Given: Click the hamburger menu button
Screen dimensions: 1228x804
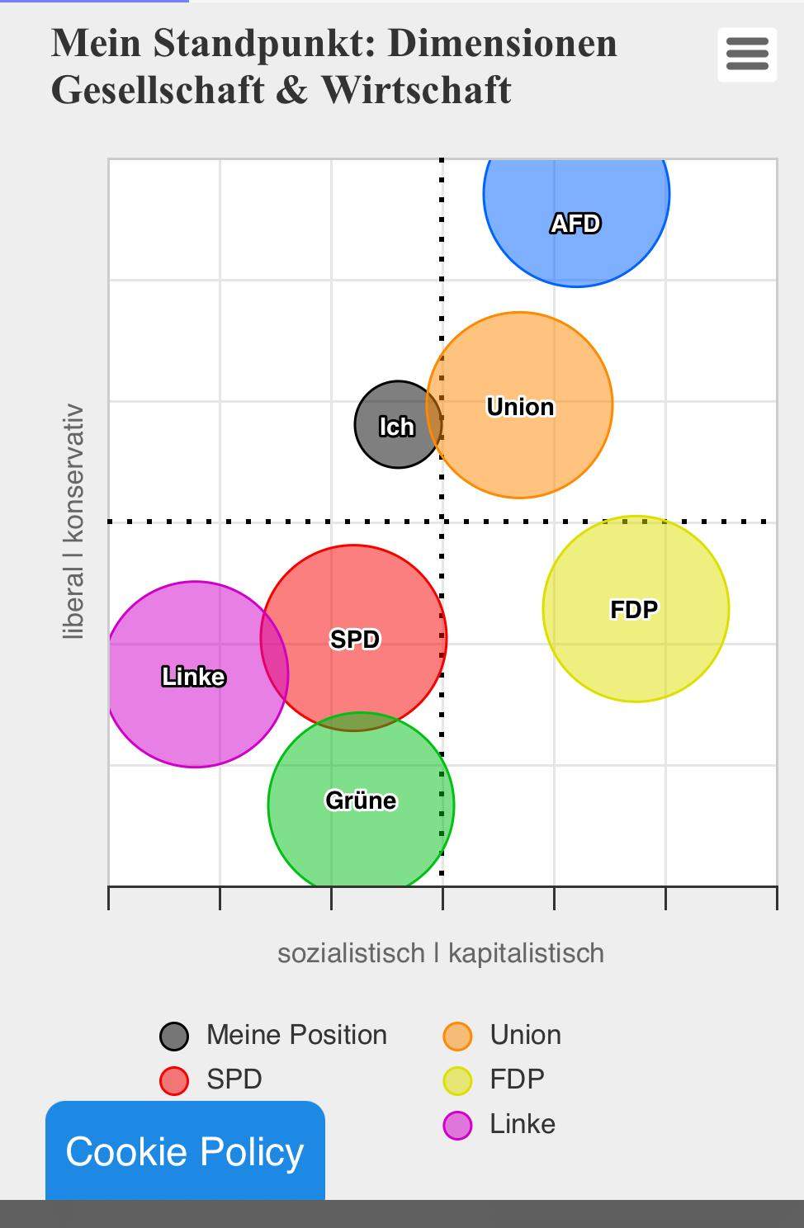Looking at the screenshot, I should coord(747,55).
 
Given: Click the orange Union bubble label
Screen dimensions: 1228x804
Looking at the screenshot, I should coord(520,407).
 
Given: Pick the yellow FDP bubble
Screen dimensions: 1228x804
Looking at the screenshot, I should coord(635,609).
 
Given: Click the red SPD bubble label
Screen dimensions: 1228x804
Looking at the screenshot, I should coord(354,640).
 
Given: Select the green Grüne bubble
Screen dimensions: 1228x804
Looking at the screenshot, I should coord(361,801).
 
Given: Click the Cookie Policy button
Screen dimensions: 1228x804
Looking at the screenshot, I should coord(185,1151).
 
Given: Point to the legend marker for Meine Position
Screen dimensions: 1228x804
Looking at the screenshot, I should coord(174,1036).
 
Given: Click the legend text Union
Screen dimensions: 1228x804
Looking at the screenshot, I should coord(525,1035).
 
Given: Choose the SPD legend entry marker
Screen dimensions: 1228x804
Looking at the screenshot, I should coord(174,1080).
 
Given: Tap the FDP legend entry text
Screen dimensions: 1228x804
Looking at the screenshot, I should coord(517,1079).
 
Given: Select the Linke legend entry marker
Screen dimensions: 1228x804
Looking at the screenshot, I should coord(457,1125).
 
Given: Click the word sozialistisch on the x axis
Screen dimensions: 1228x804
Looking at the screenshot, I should coord(351,953).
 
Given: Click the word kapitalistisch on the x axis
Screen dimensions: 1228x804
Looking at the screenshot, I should coord(526,953).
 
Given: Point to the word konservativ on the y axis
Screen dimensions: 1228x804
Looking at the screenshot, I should coord(73,473).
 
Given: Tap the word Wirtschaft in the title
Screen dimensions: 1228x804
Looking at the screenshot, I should coord(416,90).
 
